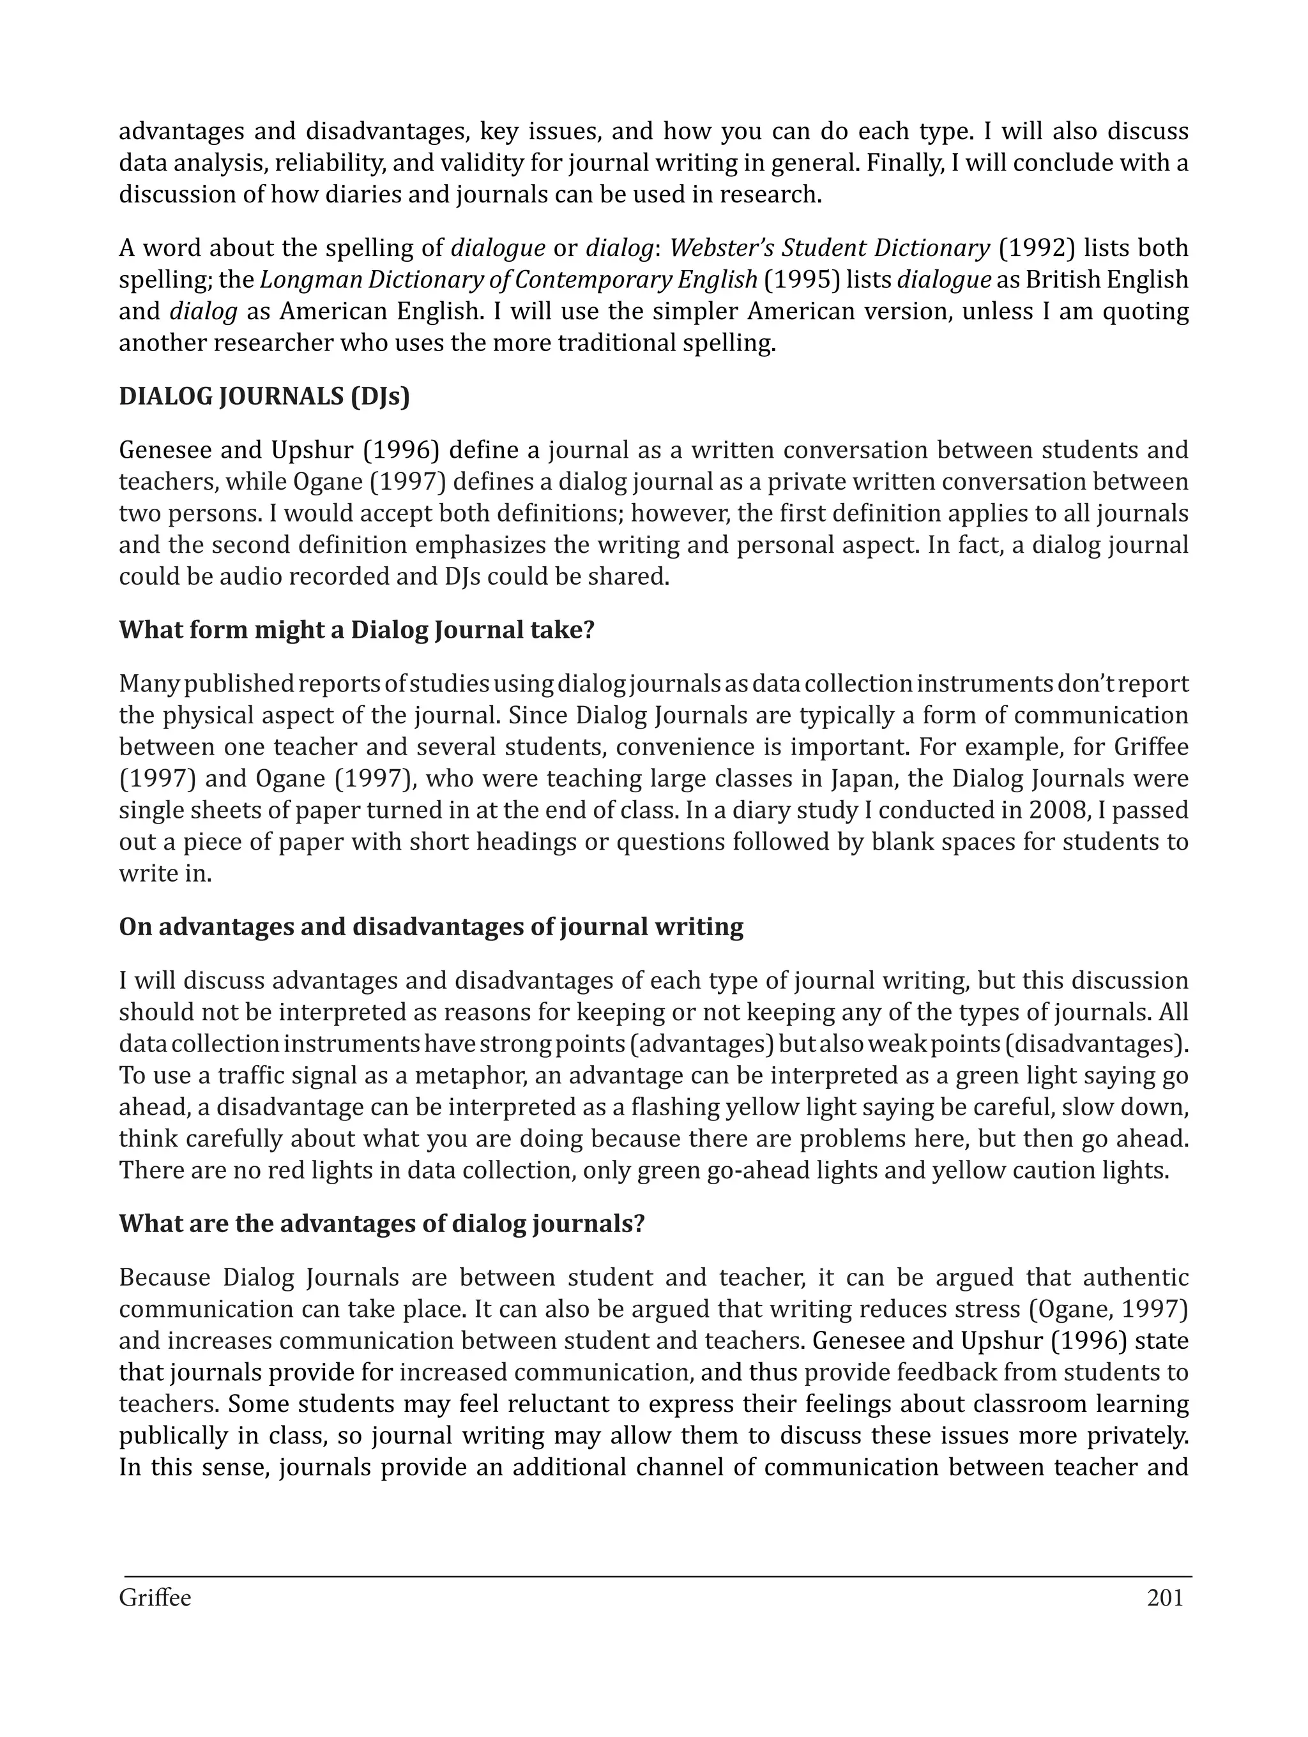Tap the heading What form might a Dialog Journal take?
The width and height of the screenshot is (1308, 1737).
[356, 631]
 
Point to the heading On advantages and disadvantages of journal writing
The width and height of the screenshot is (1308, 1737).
[430, 928]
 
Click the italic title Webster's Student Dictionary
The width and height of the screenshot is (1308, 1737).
[829, 248]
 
